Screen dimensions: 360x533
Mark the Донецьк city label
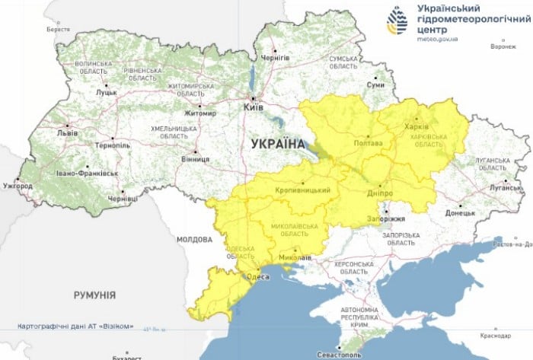click(x=460, y=212)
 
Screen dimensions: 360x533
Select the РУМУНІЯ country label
click(x=94, y=293)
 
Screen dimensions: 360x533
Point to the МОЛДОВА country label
click(x=195, y=239)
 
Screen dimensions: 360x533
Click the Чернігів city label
click(x=276, y=57)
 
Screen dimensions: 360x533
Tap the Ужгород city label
click(x=18, y=185)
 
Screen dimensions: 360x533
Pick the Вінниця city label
click(x=195, y=160)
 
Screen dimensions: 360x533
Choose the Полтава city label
click(x=369, y=142)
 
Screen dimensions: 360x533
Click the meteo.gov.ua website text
click(x=436, y=35)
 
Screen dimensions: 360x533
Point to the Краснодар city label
click(x=495, y=335)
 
